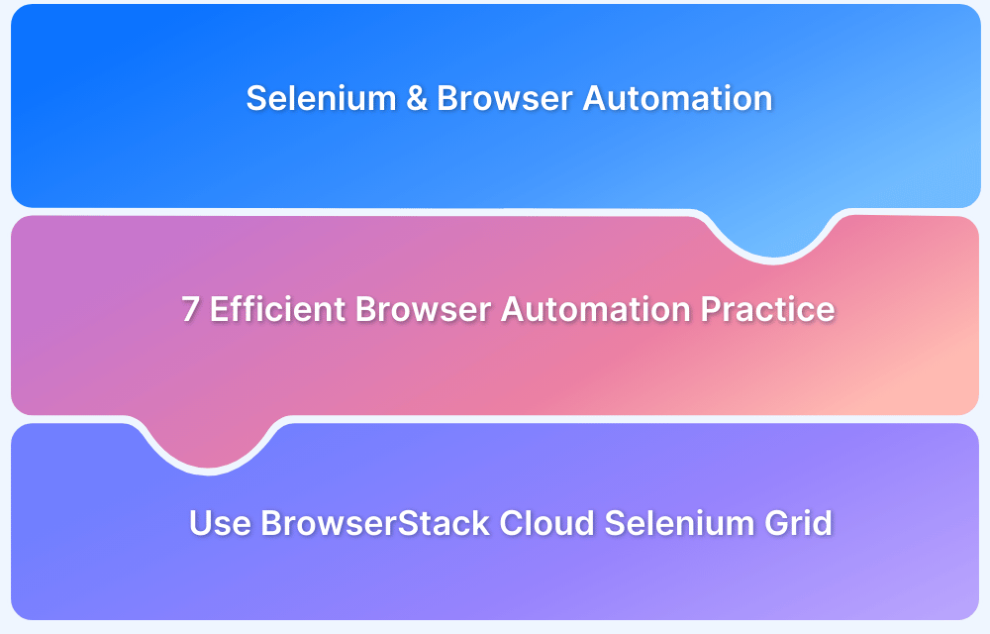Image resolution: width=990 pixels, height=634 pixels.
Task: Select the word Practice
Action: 768,310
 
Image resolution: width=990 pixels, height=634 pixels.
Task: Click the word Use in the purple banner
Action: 220,523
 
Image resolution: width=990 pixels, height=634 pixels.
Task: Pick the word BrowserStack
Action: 375,523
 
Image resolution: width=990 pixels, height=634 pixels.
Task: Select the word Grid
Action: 797,523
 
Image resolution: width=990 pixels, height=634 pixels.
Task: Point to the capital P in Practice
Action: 710,310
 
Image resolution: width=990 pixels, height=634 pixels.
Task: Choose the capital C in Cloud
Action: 511,523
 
